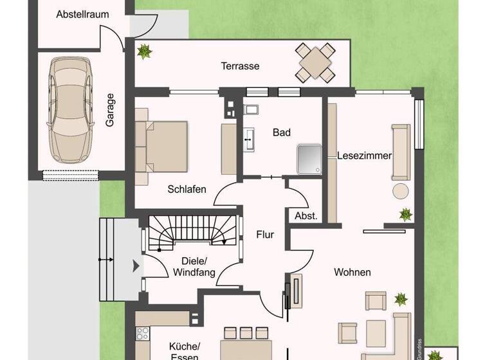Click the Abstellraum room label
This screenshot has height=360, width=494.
pos(82,14)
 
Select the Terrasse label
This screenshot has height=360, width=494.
pos(240,66)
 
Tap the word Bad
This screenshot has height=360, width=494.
pos(282,132)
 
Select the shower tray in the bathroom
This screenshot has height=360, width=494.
pos(309,158)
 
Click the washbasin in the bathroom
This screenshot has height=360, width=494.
pos(250,136)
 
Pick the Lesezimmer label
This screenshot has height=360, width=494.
pos(365,156)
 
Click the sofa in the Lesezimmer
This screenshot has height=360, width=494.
pos(401,152)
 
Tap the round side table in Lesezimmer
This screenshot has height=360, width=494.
pos(401,191)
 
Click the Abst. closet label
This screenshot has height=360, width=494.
pos(306,216)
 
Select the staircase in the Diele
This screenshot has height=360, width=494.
pos(193,233)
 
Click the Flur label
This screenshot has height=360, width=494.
pos(265,235)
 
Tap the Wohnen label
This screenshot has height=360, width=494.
pos(352,272)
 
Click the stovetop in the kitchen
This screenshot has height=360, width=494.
pos(143,334)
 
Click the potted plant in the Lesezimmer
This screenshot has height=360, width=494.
pos(405,214)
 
